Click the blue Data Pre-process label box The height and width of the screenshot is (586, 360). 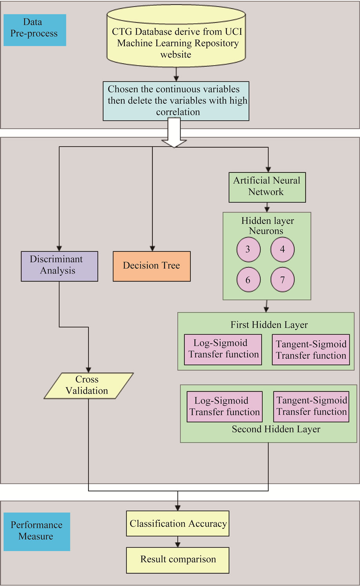click(x=34, y=30)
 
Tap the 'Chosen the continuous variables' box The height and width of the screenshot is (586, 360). click(x=176, y=101)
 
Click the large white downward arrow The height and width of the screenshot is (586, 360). click(x=174, y=133)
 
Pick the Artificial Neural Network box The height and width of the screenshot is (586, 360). click(x=267, y=187)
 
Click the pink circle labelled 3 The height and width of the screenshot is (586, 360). click(x=248, y=250)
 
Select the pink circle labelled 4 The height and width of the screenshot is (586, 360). click(x=282, y=250)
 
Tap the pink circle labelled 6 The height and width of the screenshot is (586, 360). click(x=248, y=280)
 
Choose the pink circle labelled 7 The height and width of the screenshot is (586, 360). click(x=282, y=280)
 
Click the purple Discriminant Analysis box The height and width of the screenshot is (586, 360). click(x=59, y=266)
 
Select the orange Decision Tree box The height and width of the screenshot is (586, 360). click(x=152, y=266)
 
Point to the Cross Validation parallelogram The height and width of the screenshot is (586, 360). click(x=88, y=385)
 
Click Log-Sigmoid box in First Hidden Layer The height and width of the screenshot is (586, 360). click(x=223, y=349)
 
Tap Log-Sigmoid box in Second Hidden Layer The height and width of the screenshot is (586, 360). click(x=224, y=407)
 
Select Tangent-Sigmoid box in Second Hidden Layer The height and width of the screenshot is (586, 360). click(x=311, y=407)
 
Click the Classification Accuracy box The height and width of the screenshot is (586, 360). click(x=177, y=523)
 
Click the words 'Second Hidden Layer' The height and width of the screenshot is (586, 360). click(x=276, y=429)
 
